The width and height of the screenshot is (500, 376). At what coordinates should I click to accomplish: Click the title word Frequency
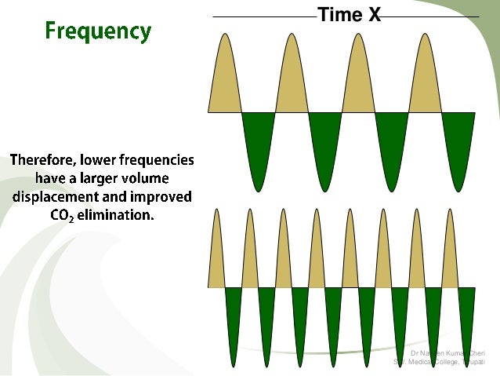click(x=98, y=31)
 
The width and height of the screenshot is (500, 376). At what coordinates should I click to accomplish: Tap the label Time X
click(x=349, y=16)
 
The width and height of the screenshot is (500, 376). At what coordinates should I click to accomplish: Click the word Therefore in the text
click(x=43, y=161)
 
